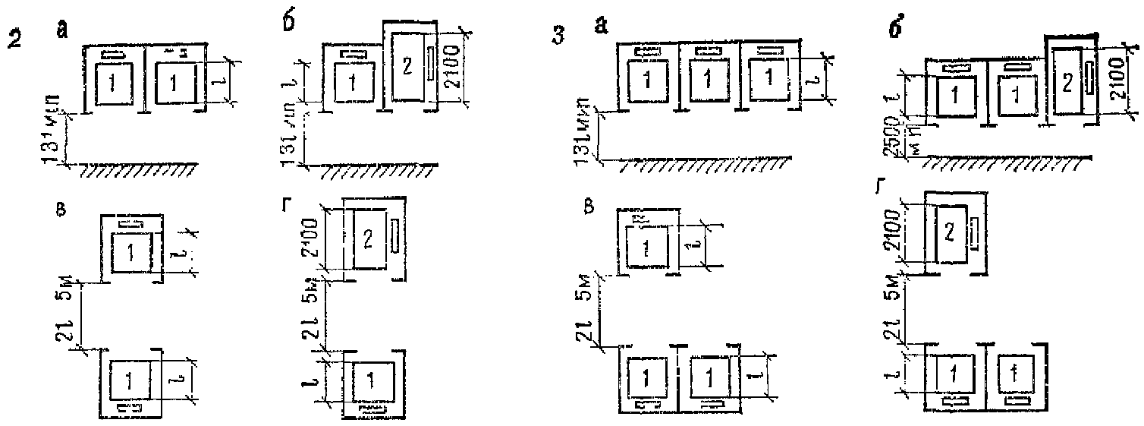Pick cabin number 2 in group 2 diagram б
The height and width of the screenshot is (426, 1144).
tap(407, 66)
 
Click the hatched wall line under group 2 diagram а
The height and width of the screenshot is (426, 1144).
tap(136, 168)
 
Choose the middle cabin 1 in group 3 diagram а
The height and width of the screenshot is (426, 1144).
tap(708, 79)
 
